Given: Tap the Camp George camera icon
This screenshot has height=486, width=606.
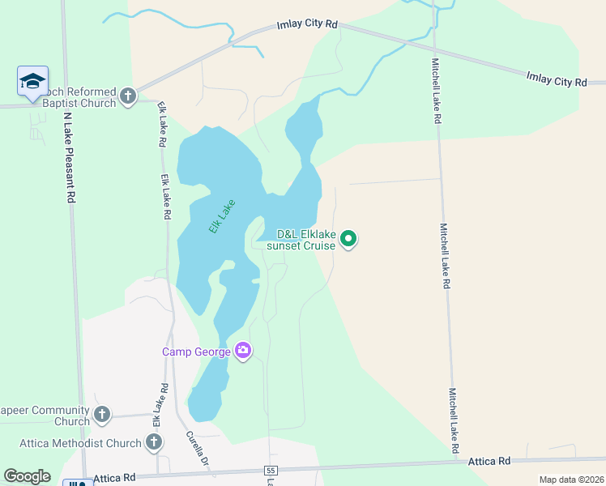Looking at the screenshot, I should click(x=242, y=351).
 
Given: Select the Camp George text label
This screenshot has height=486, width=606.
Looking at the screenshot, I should click(x=196, y=352).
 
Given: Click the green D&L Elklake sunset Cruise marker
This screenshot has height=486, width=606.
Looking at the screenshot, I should click(x=348, y=238).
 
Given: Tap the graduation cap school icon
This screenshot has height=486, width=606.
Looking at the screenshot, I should click(x=32, y=81).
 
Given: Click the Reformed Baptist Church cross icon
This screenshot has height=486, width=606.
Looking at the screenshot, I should click(x=127, y=97).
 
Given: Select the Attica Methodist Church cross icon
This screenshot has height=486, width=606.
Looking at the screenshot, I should click(x=154, y=442).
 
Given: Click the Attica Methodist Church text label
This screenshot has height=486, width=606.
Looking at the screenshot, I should click(x=81, y=443).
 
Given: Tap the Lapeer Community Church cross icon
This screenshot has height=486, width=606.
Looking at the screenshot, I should click(x=101, y=416).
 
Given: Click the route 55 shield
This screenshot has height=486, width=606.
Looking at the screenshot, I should click(x=271, y=471).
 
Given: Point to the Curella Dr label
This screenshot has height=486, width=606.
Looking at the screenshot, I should click(x=198, y=450).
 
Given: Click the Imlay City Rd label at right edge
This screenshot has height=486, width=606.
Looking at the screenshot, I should click(x=556, y=79).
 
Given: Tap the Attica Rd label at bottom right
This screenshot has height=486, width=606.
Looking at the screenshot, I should click(x=489, y=461).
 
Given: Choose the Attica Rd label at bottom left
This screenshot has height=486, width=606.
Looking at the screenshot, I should click(x=113, y=479).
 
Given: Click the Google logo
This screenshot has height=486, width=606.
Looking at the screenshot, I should click(x=27, y=476).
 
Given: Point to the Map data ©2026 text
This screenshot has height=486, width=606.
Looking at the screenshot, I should click(x=571, y=480).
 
